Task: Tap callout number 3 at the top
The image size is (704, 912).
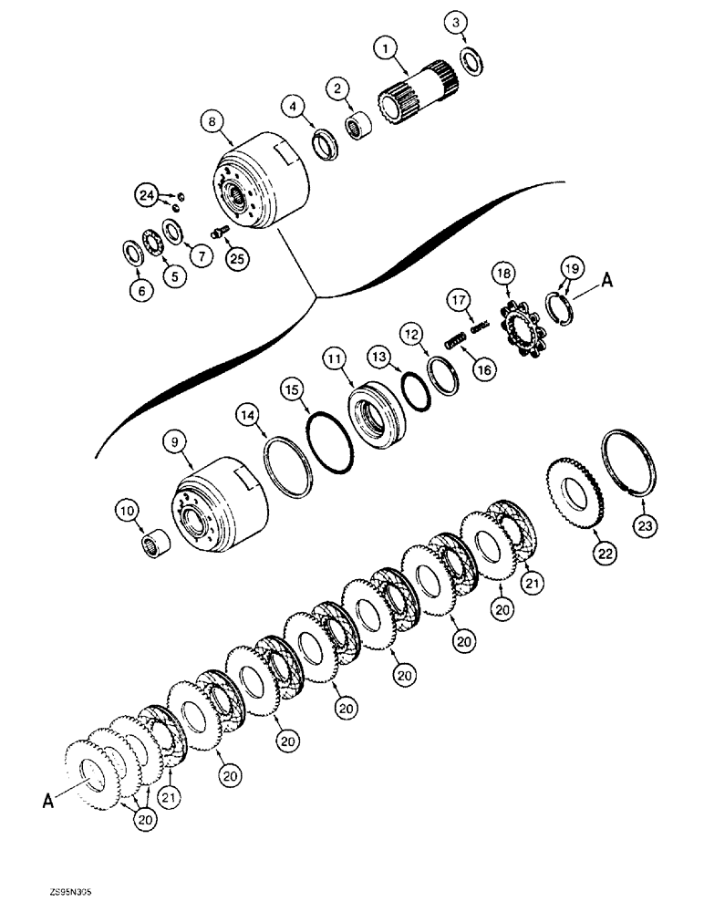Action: click(x=458, y=22)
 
